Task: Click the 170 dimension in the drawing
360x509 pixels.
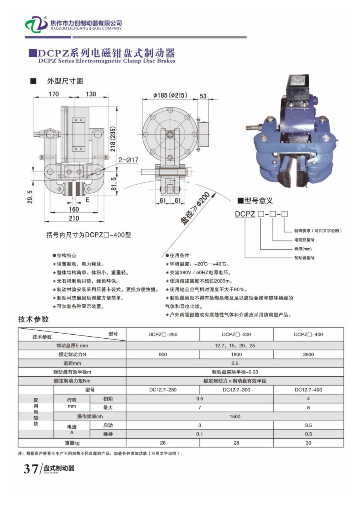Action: [x=54, y=94]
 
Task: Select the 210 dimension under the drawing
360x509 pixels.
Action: [x=74, y=218]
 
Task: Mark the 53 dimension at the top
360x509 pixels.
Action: [x=203, y=96]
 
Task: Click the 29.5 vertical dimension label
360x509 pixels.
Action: [x=30, y=197]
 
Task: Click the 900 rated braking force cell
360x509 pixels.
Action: [x=163, y=354]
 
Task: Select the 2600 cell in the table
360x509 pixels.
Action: [x=308, y=354]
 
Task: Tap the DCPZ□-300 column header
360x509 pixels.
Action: [x=236, y=334]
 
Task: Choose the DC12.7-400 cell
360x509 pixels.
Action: [x=308, y=389]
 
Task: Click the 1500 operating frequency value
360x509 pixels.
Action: [x=235, y=416]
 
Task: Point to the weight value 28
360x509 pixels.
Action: [x=236, y=443]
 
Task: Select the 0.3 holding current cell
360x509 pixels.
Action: [x=308, y=434]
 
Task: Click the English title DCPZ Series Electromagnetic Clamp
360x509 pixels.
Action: [x=107, y=61]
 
